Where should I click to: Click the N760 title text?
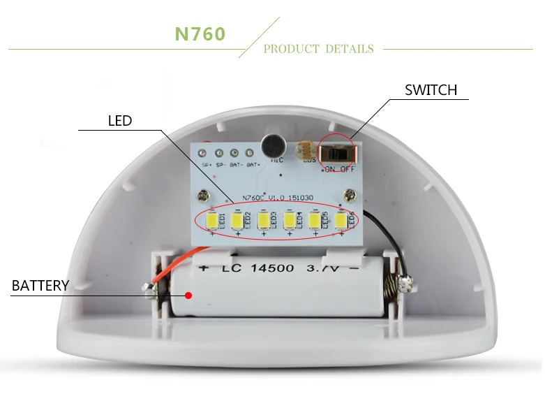tap(200, 35)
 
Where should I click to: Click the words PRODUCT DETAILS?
tap(318, 49)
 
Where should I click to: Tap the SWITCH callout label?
tap(431, 90)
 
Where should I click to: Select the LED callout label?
tap(120, 121)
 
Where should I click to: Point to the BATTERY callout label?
tap(40, 286)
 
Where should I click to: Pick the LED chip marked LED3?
tap(263, 221)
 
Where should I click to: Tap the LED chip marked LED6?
tap(341, 221)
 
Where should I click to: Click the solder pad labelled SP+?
tap(204, 153)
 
